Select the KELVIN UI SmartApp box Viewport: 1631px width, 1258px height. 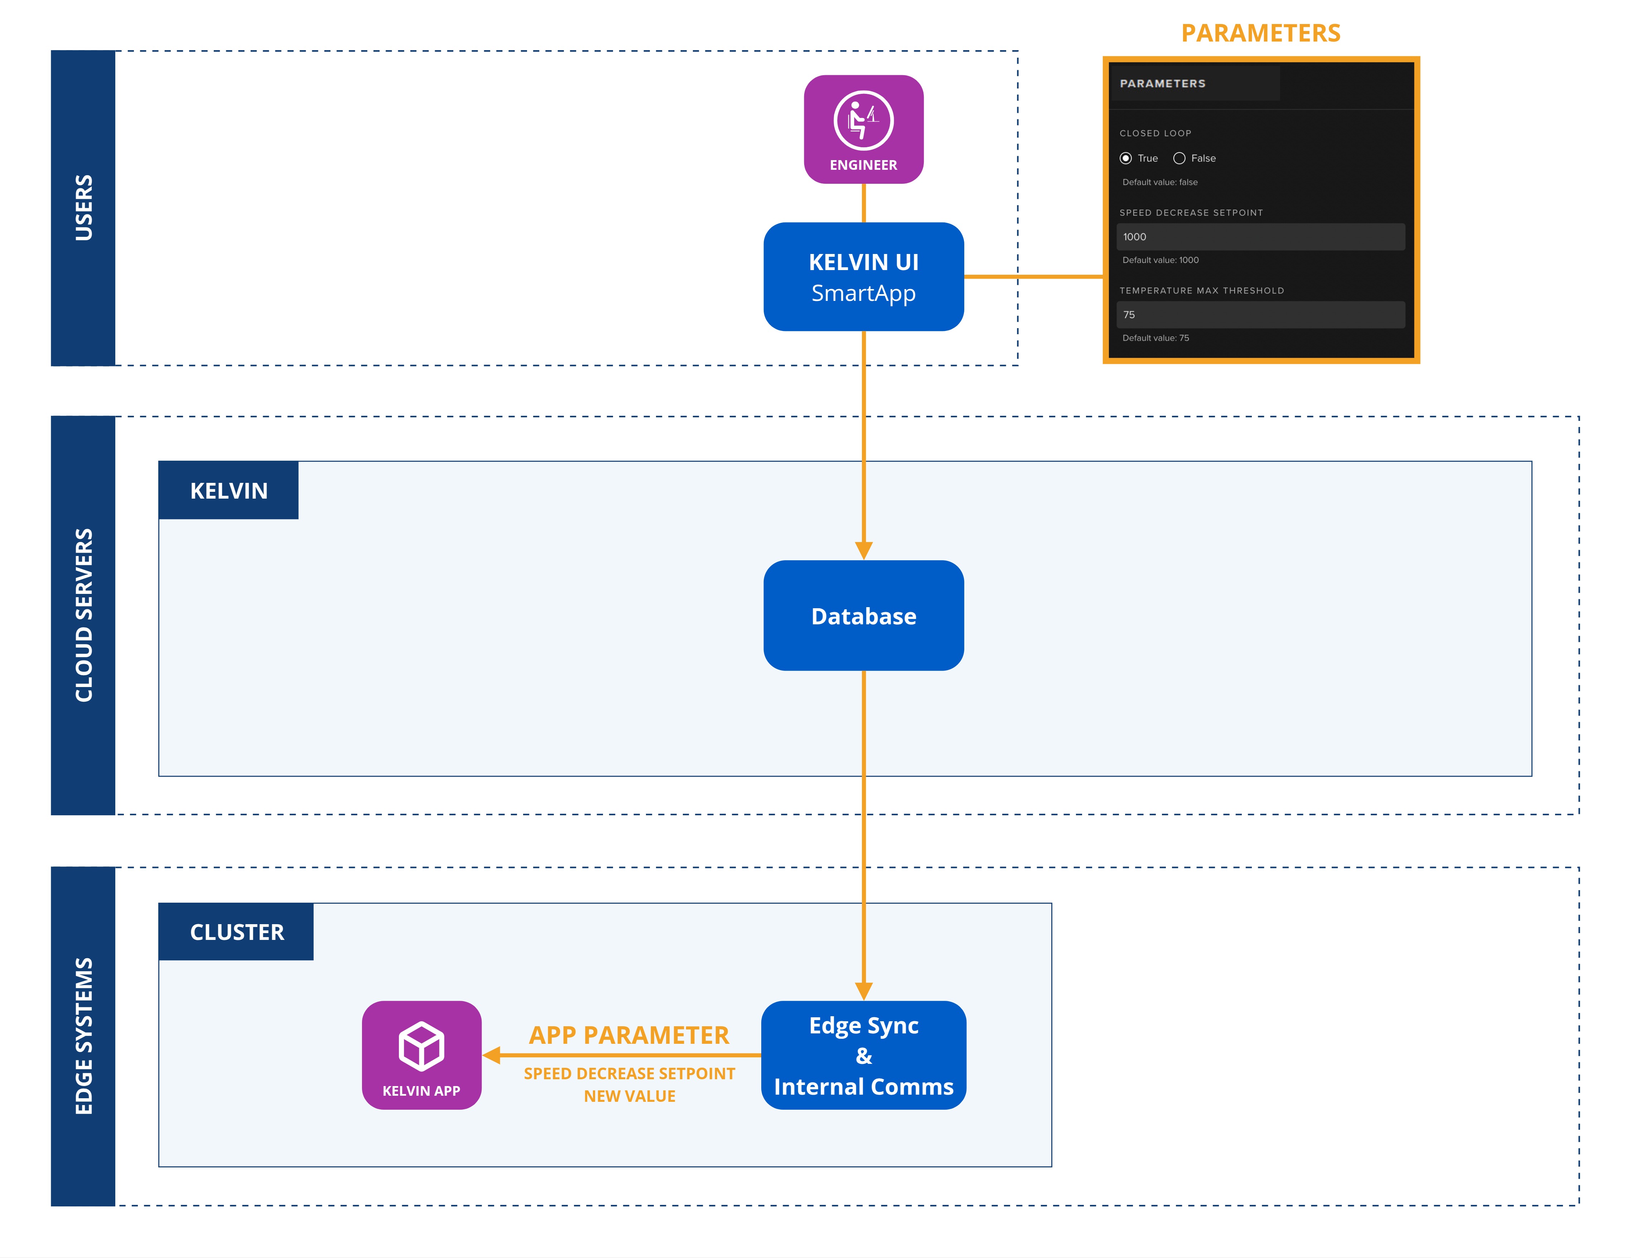863,277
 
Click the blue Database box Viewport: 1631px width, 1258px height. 863,615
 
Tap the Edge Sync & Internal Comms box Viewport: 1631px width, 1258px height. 863,1055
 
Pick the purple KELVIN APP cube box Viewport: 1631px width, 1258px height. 421,1055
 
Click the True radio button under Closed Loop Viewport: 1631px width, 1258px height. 1125,158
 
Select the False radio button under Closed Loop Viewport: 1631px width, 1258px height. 1179,158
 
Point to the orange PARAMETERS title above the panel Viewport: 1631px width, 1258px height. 1261,34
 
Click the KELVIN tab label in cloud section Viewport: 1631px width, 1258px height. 228,491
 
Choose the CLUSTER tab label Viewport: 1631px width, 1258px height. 237,932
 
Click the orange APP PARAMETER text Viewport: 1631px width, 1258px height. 629,1036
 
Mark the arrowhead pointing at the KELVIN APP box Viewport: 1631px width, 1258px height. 491,1055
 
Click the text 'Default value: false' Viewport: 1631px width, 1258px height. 1160,182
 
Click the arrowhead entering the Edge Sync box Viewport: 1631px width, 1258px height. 863,991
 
